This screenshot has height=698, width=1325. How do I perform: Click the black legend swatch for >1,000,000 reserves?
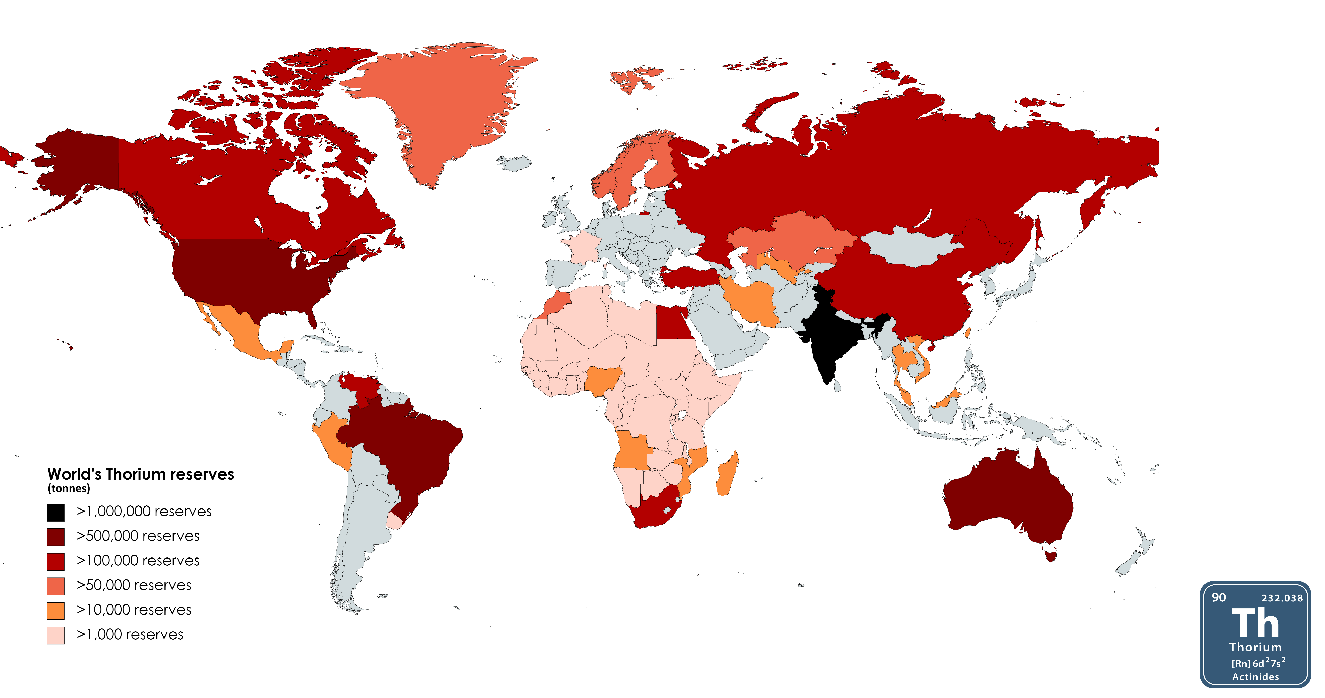(56, 512)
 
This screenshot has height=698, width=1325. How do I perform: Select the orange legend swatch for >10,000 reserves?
(56, 611)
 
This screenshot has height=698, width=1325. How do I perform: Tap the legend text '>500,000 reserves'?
(138, 536)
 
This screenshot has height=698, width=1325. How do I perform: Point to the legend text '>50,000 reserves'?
(134, 585)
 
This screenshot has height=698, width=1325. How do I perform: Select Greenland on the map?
(442, 103)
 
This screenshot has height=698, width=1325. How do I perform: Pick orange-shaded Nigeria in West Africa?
(602, 381)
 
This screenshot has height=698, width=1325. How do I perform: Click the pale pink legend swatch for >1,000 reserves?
(56, 635)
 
